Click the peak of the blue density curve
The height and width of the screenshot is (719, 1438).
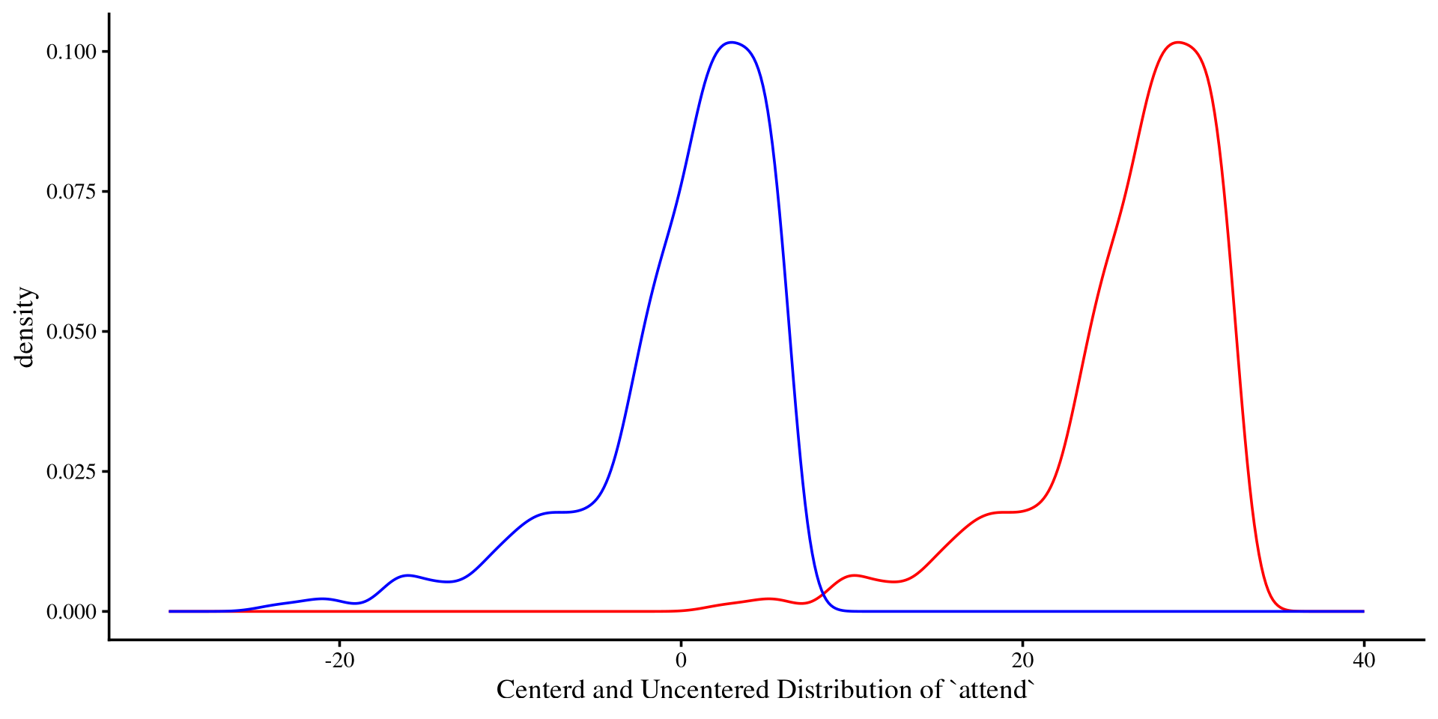coord(732,43)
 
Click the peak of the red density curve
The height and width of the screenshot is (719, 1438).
coord(1178,43)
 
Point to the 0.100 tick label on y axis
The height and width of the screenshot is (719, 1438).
coord(72,52)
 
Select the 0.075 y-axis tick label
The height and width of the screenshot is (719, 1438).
coord(72,192)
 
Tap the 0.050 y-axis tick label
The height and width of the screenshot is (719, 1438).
coord(72,332)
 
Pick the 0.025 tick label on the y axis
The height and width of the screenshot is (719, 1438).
coord(72,472)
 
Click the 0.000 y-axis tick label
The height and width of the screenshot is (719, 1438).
coord(72,612)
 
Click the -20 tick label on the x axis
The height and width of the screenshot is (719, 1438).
coord(339,661)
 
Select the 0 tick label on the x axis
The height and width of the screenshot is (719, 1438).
coord(681,661)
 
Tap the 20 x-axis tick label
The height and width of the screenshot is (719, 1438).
coord(1022,661)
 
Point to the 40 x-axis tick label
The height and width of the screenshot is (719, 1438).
coord(1364,661)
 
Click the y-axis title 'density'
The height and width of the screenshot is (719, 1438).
coord(25,327)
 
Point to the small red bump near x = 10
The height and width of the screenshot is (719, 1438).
coord(855,575)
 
